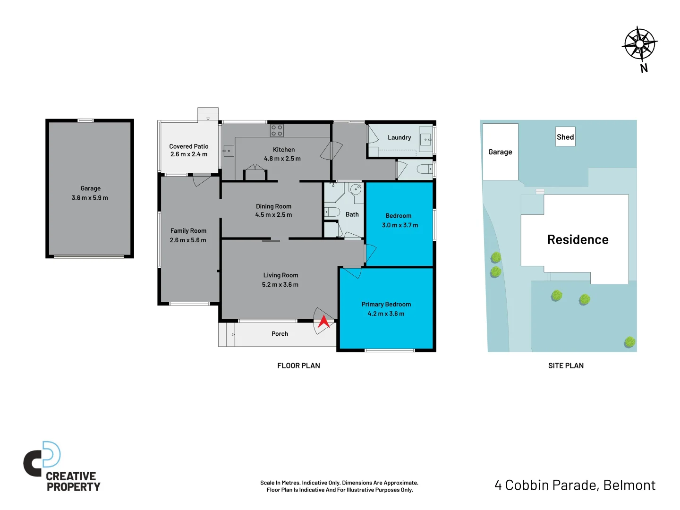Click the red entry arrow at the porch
[323, 322]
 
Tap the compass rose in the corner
[639, 43]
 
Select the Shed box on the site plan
[565, 137]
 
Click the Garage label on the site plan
[500, 152]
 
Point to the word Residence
[578, 240]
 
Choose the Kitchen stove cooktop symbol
[277, 130]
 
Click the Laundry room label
[399, 138]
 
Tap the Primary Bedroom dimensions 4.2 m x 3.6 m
[386, 314]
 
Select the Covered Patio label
[188, 146]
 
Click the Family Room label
[188, 231]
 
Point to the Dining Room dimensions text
[273, 215]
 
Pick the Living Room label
[280, 275]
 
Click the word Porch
[280, 334]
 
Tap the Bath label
[352, 214]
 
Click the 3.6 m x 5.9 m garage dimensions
[90, 198]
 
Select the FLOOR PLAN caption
[298, 365]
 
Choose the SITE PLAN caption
[566, 365]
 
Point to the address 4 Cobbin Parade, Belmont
[575, 485]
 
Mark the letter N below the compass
[644, 68]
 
